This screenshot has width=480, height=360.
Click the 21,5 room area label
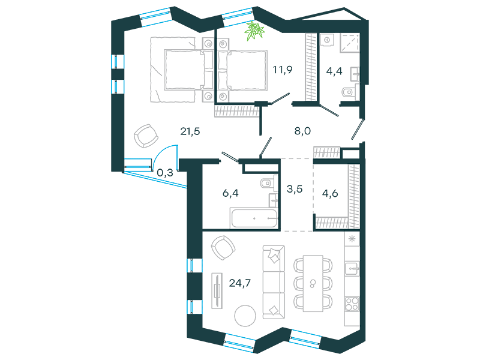click(x=190, y=131)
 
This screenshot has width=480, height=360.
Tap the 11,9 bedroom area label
click(x=283, y=70)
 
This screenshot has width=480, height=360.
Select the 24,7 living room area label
click(x=239, y=283)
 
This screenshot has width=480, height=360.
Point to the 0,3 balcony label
click(x=164, y=173)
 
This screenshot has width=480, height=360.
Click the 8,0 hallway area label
click(x=302, y=131)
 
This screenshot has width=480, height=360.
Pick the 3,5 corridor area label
click(x=295, y=189)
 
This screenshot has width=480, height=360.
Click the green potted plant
click(x=254, y=31)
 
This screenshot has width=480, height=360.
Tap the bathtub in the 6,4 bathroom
click(x=254, y=218)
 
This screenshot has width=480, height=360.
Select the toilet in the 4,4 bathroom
click(x=349, y=92)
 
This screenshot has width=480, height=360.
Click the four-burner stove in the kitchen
click(x=352, y=304)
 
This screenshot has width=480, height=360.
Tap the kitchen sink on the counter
click(x=352, y=269)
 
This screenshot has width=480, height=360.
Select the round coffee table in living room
click(x=245, y=316)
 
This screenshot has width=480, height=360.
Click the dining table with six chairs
click(x=313, y=283)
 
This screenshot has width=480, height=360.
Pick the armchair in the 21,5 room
click(x=146, y=136)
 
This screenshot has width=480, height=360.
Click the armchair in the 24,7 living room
click(x=223, y=248)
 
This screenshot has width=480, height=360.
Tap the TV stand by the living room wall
click(x=217, y=290)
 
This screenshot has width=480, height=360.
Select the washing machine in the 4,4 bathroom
click(x=327, y=40)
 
